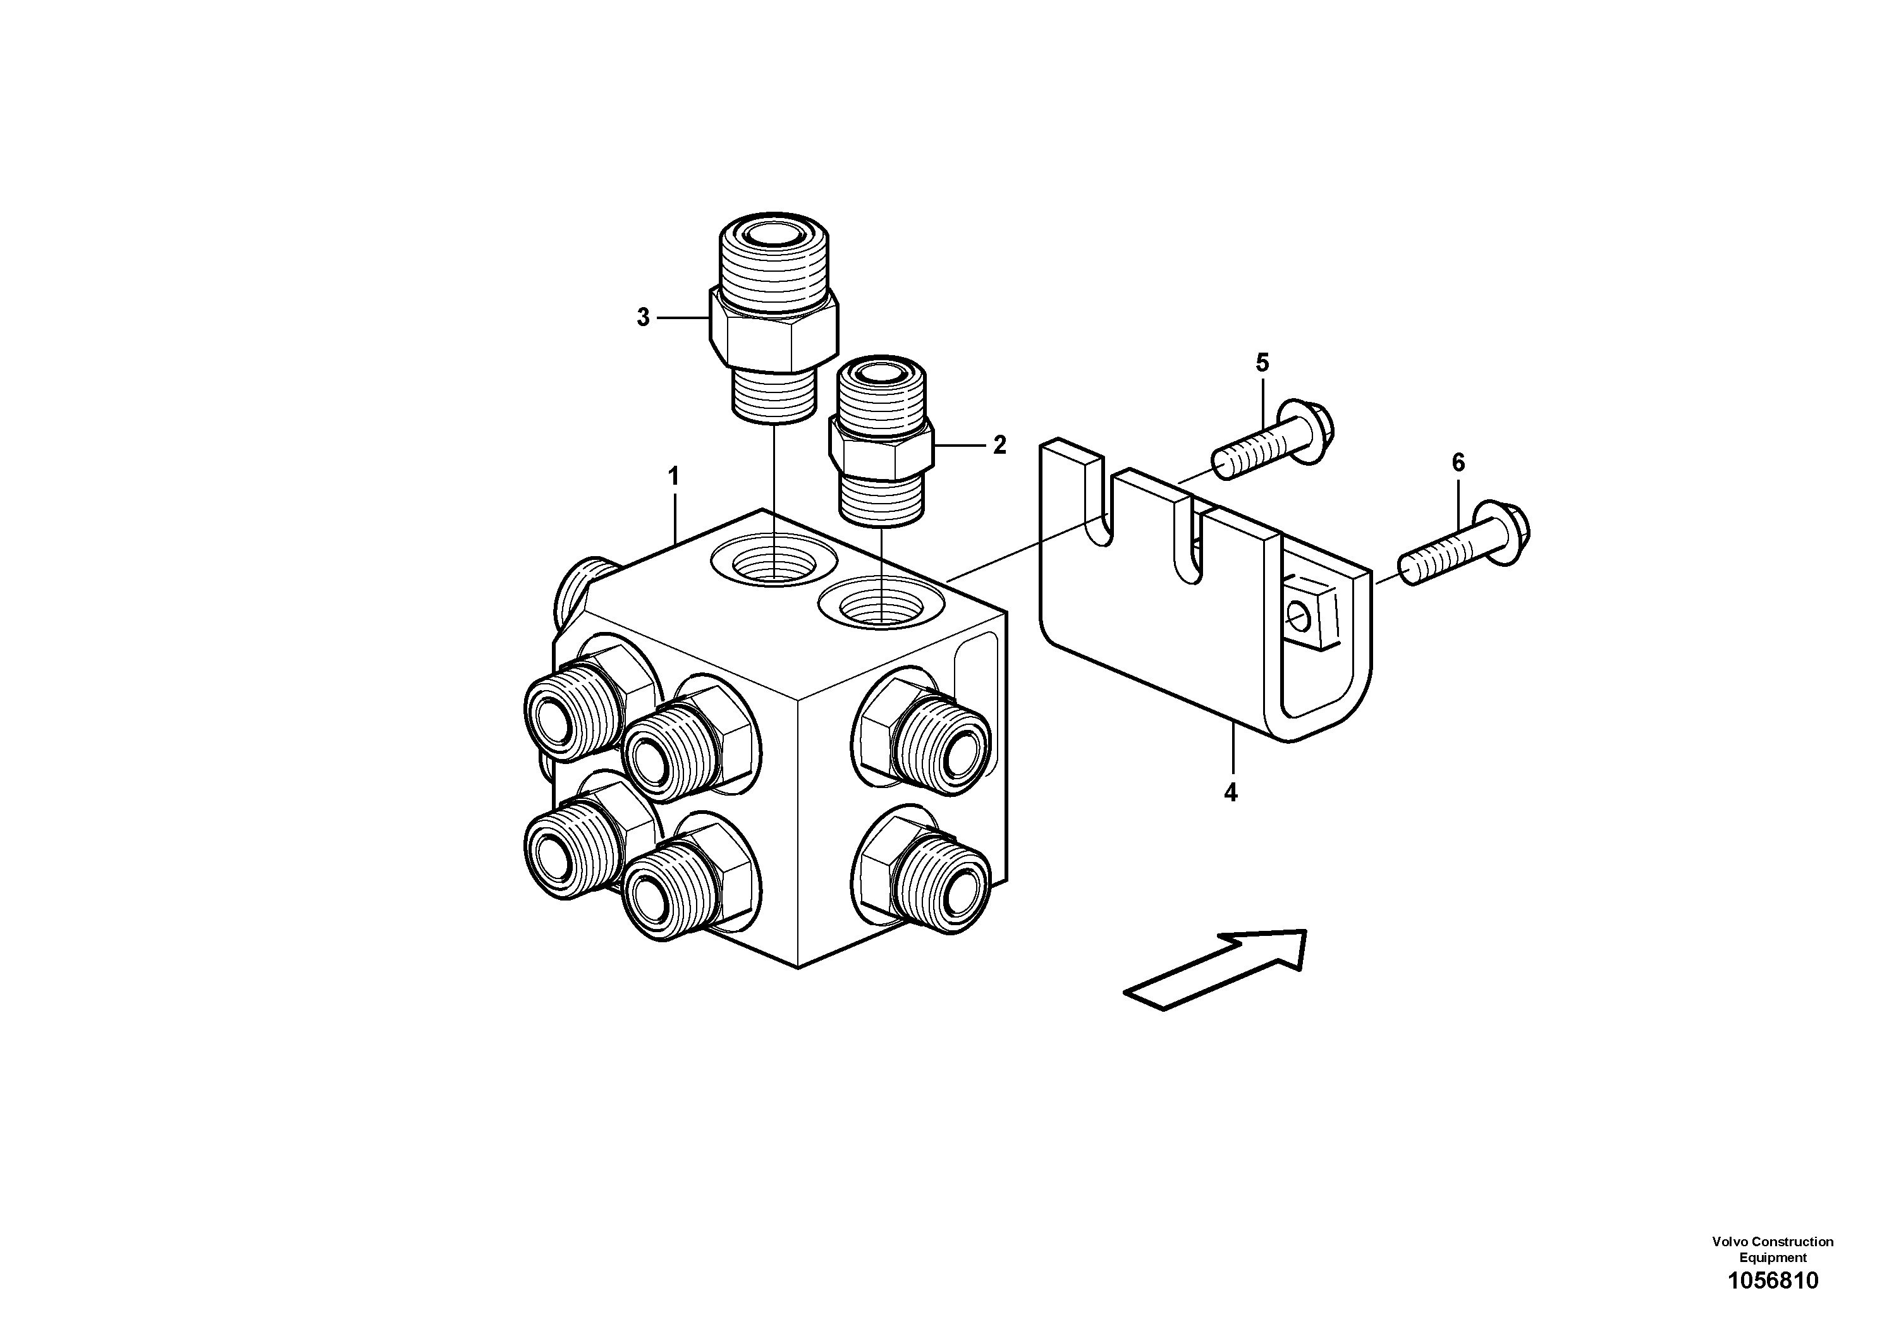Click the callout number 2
[x=999, y=445]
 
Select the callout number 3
[x=643, y=317]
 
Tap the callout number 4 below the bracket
[x=1230, y=792]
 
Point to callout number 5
[x=1262, y=362]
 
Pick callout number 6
[x=1458, y=463]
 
